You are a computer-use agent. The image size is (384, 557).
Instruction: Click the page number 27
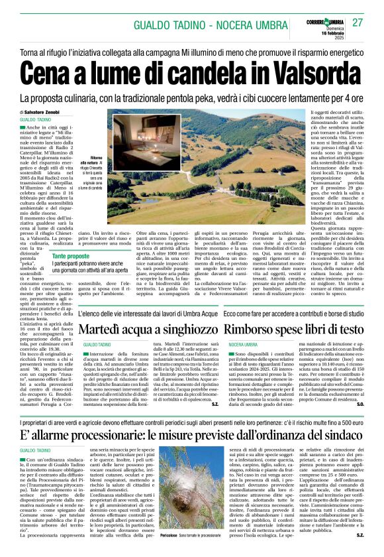[x=358, y=23]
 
